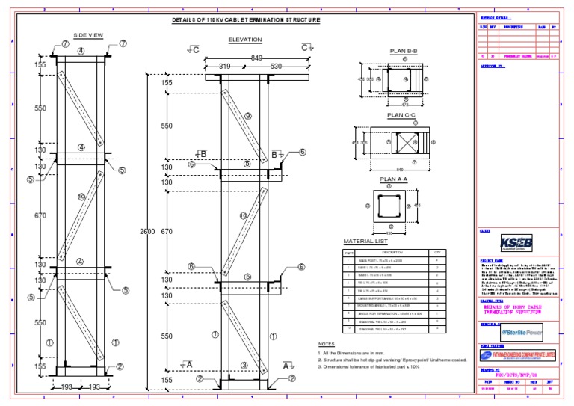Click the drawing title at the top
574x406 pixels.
click(246, 19)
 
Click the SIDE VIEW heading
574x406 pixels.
click(87, 34)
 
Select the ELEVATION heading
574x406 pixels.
click(244, 39)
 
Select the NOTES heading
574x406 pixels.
click(327, 344)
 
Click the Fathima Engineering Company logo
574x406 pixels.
click(517, 357)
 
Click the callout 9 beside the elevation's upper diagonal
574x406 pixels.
click(247, 116)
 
